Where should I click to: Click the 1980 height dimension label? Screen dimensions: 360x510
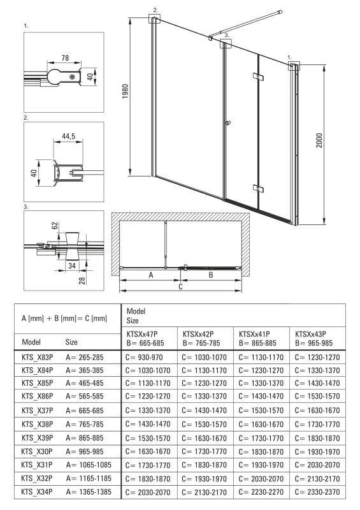pyautogui.click(x=125, y=91)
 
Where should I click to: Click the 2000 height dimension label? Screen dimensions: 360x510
pyautogui.click(x=319, y=140)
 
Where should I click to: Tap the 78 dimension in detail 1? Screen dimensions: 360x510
pyautogui.click(x=65, y=57)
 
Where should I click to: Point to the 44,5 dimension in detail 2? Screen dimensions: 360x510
pyautogui.click(x=69, y=136)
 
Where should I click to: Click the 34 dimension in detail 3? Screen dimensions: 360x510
pyautogui.click(x=71, y=265)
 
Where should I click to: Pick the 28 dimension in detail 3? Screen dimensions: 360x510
pyautogui.click(x=82, y=280)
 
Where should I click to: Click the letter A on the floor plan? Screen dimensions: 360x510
pyautogui.click(x=151, y=275)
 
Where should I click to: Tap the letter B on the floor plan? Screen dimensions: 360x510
pyautogui.click(x=210, y=275)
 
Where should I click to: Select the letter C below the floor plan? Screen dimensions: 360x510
pyautogui.click(x=180, y=286)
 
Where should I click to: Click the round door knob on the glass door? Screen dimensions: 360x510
pyautogui.click(x=228, y=123)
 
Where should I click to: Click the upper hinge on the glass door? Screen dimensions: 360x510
pyautogui.click(x=258, y=76)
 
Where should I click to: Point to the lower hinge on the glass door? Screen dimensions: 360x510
pyautogui.click(x=258, y=189)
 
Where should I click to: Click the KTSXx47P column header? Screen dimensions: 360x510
pyautogui.click(x=143, y=333)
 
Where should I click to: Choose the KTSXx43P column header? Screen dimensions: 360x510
pyautogui.click(x=310, y=333)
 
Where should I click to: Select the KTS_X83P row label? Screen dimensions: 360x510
pyautogui.click(x=38, y=357)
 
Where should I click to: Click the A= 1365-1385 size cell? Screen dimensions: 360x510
pyautogui.click(x=89, y=492)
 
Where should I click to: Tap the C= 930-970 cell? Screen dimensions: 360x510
pyautogui.click(x=144, y=357)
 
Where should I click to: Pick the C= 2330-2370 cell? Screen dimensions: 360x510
pyautogui.click(x=317, y=492)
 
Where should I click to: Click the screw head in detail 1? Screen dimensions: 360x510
pyautogui.click(x=73, y=76)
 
